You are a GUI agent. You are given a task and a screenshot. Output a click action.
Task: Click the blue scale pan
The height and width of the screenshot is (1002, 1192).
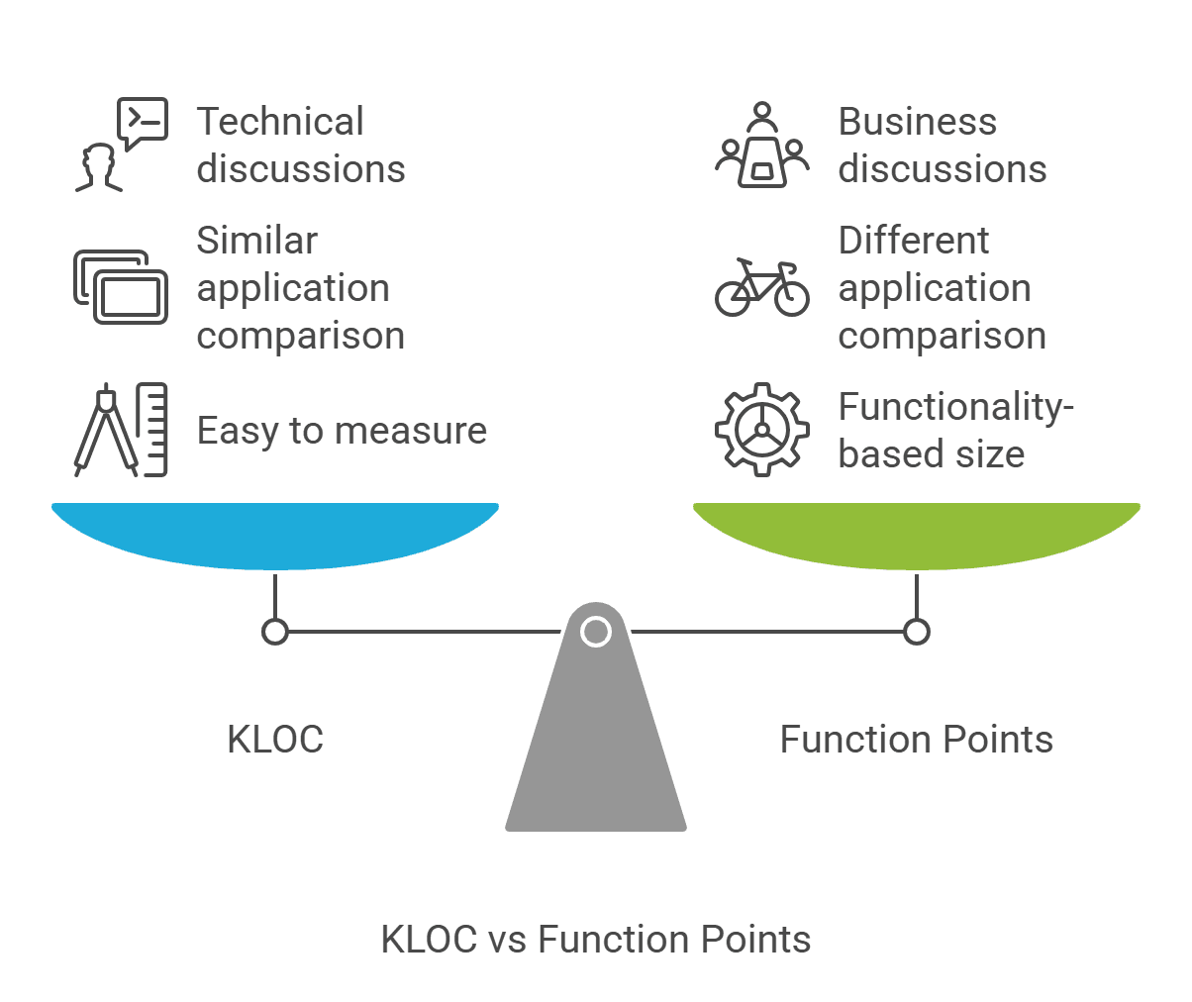(x=275, y=535)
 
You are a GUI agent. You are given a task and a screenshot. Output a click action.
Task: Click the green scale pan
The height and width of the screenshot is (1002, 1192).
(x=916, y=535)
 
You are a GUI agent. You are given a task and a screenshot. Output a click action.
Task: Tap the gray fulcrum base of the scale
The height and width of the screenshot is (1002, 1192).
(x=596, y=752)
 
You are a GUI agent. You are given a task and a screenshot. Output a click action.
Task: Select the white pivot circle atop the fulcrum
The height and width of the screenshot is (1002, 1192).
(x=596, y=631)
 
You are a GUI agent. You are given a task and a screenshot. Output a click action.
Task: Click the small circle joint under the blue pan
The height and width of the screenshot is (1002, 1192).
(x=275, y=631)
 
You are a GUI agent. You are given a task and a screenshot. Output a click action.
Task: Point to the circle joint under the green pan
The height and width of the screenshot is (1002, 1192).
(x=917, y=631)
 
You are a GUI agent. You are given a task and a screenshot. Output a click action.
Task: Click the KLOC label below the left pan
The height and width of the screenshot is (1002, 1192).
(x=275, y=740)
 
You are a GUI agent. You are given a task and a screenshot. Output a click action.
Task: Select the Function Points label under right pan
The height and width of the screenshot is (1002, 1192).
(x=916, y=740)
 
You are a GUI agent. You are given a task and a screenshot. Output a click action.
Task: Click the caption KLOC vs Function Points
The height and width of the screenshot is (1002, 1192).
(x=596, y=939)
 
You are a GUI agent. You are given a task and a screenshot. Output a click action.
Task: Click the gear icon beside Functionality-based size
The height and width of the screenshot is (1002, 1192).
(x=761, y=430)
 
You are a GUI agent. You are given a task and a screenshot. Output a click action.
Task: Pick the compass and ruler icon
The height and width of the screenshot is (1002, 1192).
(x=121, y=430)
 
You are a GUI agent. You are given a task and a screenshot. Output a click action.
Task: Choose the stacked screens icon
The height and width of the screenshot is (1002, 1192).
(x=121, y=287)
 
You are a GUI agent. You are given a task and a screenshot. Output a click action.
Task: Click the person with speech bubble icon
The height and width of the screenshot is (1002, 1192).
(x=121, y=145)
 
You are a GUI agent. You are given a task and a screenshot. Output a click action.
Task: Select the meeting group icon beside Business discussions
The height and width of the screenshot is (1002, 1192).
(x=761, y=145)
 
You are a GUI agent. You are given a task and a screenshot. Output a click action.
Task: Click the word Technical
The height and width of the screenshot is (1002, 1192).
(x=280, y=122)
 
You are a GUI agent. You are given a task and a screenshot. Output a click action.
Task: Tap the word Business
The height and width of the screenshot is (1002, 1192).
(x=918, y=122)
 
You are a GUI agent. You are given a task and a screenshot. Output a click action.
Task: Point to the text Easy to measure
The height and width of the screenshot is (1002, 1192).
(x=342, y=431)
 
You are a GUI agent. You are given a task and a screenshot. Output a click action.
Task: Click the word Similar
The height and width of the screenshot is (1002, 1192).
(x=257, y=241)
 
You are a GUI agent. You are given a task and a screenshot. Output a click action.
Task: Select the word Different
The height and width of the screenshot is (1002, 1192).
(x=914, y=241)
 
